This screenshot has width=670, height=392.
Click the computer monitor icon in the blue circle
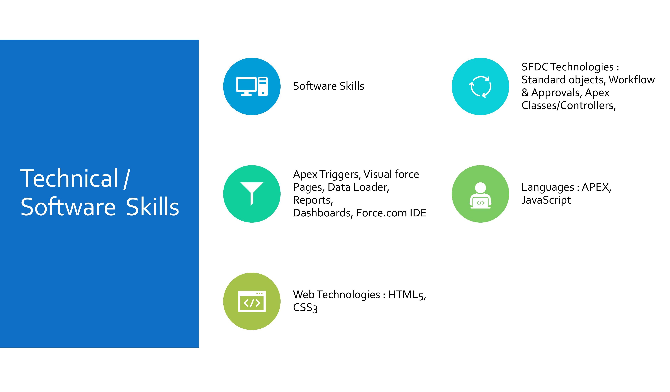point(252,86)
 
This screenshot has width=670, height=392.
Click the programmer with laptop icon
point(480,195)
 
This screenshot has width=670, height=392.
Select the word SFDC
point(535,67)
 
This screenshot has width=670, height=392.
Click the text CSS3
point(305,308)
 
